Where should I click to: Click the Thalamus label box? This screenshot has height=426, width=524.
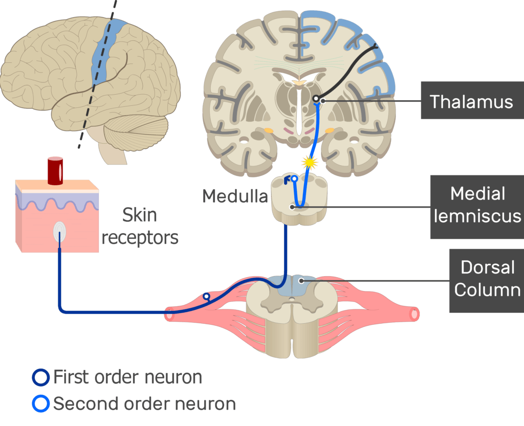(471, 101)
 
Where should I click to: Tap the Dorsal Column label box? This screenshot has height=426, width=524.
(486, 280)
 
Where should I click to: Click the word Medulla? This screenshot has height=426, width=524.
(235, 196)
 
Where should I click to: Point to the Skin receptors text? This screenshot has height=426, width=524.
(140, 226)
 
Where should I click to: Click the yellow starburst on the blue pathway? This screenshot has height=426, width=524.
(309, 163)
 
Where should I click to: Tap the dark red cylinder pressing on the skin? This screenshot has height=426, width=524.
(55, 171)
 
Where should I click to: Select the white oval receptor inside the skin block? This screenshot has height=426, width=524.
(60, 233)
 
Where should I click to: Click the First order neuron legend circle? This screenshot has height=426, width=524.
(40, 377)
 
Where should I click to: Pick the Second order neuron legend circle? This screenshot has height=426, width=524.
(40, 404)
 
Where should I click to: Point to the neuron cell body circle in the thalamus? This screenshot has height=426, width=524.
(317, 98)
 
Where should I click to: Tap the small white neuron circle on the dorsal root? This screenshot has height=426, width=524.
(206, 296)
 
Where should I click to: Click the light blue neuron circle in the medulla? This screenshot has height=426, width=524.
(294, 179)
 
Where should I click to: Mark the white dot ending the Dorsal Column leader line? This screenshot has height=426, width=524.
(302, 280)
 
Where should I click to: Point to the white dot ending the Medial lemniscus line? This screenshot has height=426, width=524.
(292, 207)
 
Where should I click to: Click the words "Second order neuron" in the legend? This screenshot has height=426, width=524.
(144, 404)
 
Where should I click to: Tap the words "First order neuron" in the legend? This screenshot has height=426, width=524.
(127, 377)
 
